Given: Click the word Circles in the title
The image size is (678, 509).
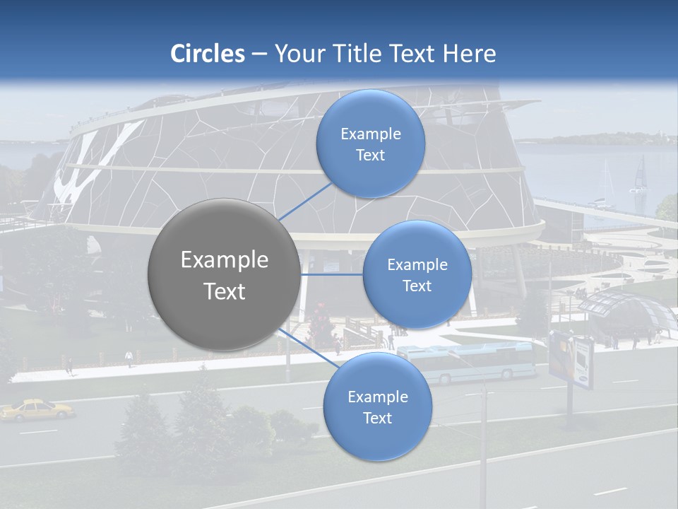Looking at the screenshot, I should click(208, 54).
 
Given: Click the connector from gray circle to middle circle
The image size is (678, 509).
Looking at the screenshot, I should click(332, 274).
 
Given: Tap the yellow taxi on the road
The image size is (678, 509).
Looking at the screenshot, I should click(37, 409).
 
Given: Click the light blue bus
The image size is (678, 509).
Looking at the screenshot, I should click(466, 361).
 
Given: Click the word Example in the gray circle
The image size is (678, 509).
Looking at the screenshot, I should click(225, 260).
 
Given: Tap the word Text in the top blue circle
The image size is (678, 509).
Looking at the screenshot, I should click(370, 155).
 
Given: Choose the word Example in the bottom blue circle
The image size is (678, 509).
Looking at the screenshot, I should click(377, 397).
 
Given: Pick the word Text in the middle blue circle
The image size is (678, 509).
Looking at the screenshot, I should click(417, 286).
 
